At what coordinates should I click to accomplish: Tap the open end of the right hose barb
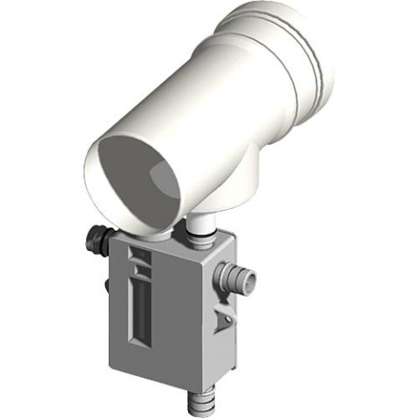253,278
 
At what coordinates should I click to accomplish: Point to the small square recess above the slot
138,257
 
